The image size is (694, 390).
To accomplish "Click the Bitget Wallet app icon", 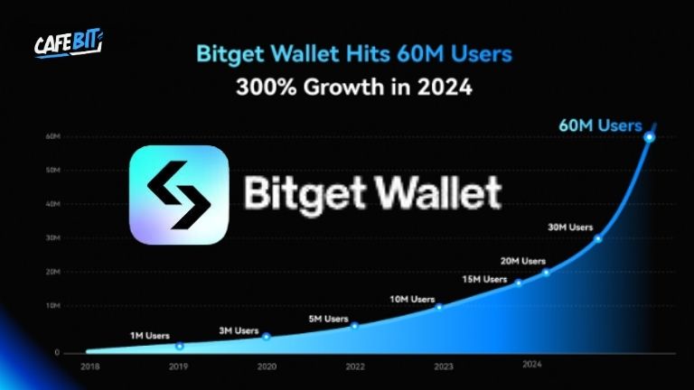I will tap(178, 194).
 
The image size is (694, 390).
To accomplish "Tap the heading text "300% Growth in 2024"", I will tap(354, 88).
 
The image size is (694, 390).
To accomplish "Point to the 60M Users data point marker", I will tap(649, 137).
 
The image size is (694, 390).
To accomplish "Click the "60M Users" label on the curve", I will tap(600, 125).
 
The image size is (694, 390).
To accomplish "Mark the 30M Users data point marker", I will tap(597, 238).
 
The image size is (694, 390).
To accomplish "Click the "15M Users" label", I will tap(485, 279).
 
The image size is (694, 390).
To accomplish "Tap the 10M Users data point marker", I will tap(439, 307).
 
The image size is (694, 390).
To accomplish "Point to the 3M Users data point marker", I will tap(266, 336).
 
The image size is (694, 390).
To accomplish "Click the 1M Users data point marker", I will tap(179, 346).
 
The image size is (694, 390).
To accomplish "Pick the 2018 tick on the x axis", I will tap(89, 367).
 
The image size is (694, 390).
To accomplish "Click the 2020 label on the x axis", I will tap(267, 367).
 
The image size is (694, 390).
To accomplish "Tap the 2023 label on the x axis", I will tap(443, 367).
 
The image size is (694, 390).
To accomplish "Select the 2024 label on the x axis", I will tap(531, 365).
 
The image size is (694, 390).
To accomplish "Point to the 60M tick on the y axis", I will tap(52, 136).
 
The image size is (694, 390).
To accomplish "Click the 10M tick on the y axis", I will tap(52, 306).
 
